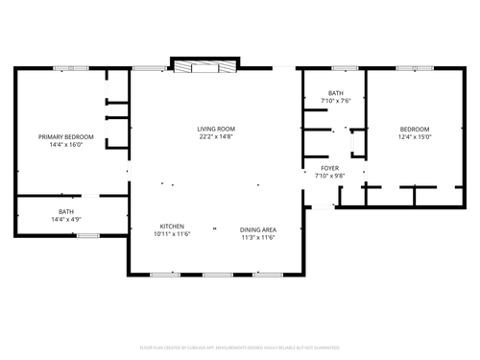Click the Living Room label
tap(216, 129)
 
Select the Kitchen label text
tap(172, 227)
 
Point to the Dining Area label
tap(258, 229)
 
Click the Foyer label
tap(327, 167)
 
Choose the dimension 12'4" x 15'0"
tap(415, 136)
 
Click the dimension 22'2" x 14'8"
tap(216, 136)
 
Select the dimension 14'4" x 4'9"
tap(66, 220)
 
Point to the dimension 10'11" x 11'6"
tap(172, 234)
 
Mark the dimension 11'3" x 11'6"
tap(258, 237)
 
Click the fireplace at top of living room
tap(202, 66)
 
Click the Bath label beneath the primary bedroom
tap(66, 212)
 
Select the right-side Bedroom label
tap(415, 129)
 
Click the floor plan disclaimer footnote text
tap(239, 347)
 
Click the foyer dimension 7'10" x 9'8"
tap(327, 175)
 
